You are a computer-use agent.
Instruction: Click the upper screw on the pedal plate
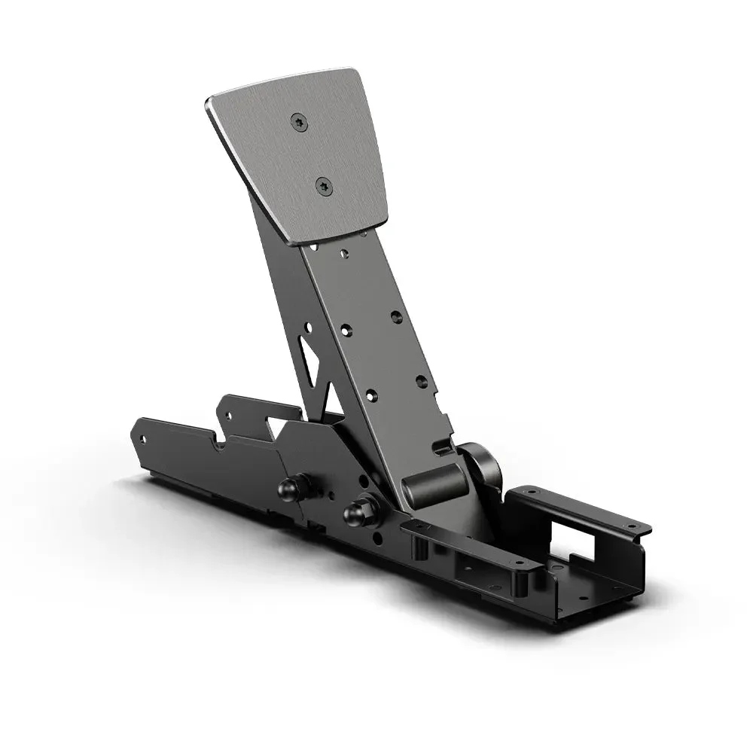[300, 122]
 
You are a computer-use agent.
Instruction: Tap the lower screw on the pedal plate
[324, 184]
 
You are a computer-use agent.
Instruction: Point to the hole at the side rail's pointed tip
[141, 436]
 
